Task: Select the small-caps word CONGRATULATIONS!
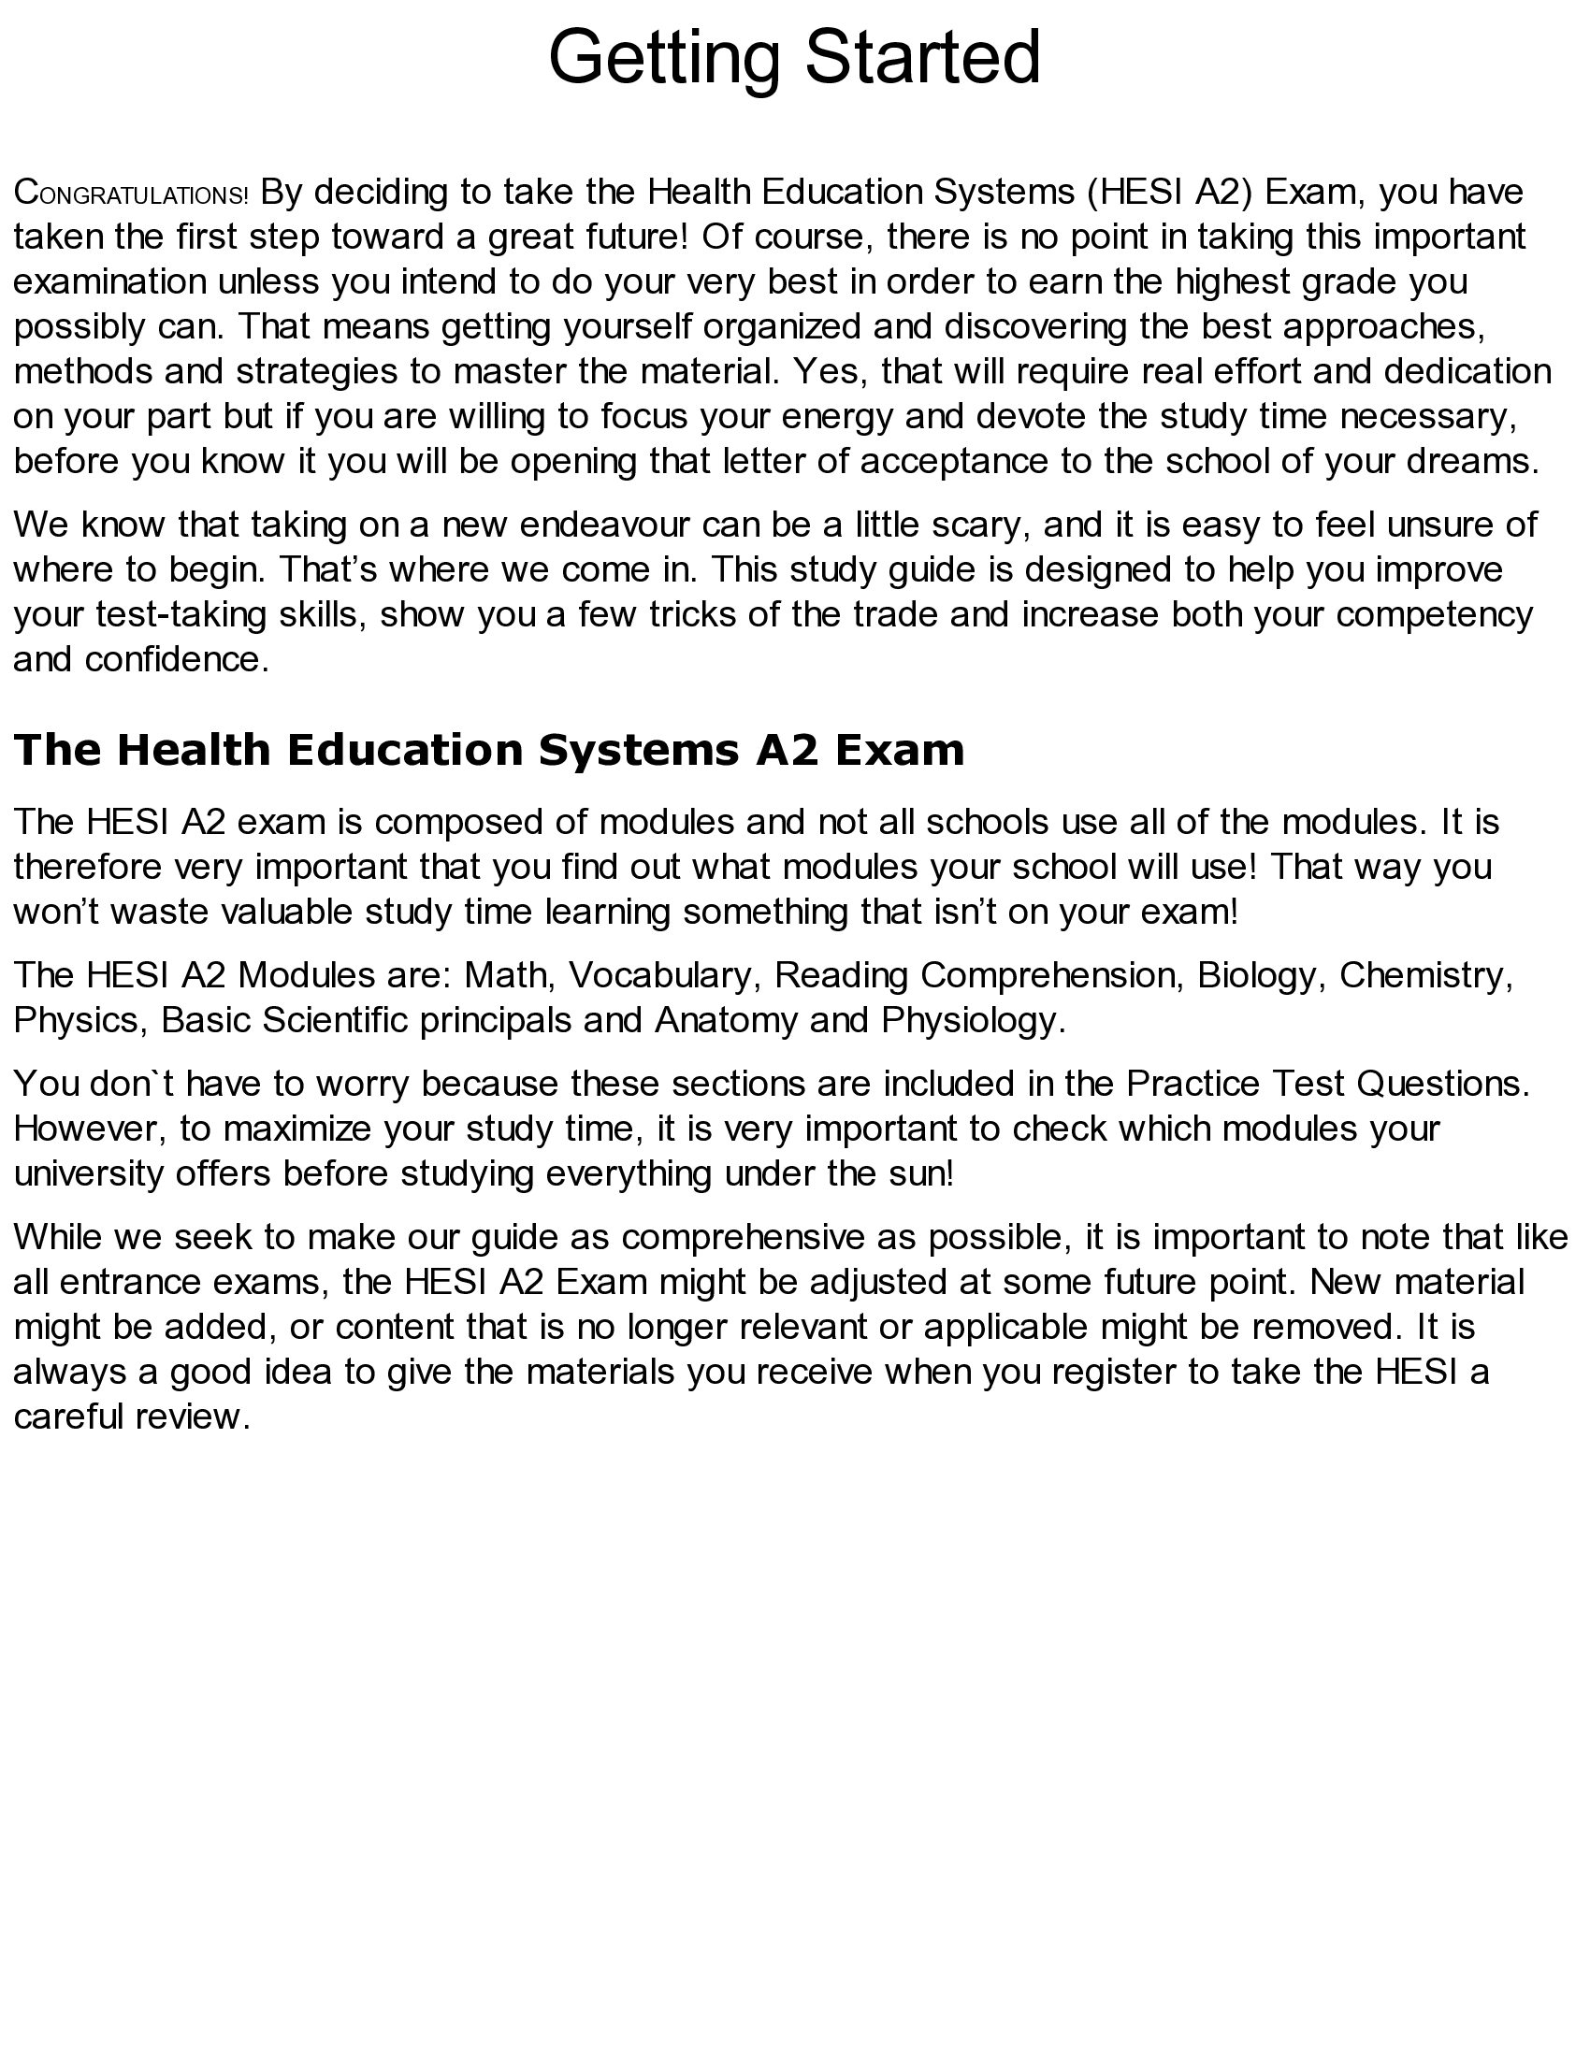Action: pyautogui.click(x=131, y=194)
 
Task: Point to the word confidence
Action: pyautogui.click(x=176, y=659)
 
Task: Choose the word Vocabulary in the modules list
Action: pyautogui.click(x=663, y=975)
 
